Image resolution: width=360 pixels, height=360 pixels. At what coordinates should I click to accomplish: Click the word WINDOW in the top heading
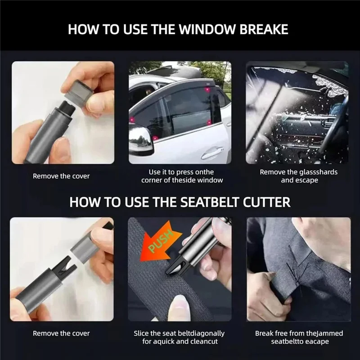click(x=207, y=29)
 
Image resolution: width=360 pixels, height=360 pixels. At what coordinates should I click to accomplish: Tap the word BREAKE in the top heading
click(x=264, y=29)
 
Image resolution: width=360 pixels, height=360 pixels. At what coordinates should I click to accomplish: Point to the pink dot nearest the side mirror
click(x=155, y=138)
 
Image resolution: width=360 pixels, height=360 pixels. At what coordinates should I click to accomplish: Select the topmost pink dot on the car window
click(x=207, y=89)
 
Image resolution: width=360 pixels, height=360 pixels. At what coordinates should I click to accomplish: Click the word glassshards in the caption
click(x=319, y=172)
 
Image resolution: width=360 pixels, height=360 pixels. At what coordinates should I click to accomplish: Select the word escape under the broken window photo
click(x=307, y=180)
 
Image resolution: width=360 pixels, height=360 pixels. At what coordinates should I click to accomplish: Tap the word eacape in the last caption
click(x=317, y=342)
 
